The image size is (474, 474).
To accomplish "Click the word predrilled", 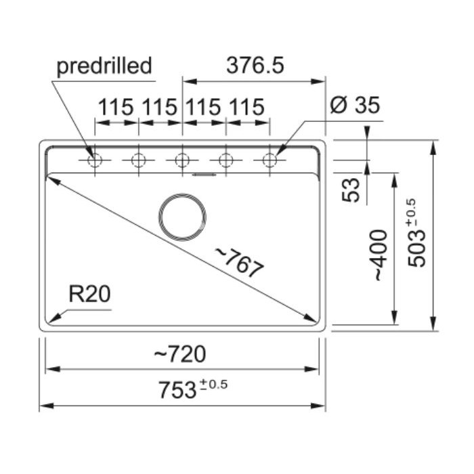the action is point(104,67).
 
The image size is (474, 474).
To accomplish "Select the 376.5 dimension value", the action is point(255,65).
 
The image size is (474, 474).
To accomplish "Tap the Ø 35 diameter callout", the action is point(355,105).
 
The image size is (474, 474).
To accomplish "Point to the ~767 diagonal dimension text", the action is point(239,263).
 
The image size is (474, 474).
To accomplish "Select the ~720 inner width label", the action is point(180,354).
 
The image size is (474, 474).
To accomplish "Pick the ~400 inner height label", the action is point(381,255).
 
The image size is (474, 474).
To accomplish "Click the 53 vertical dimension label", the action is point(351,190).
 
